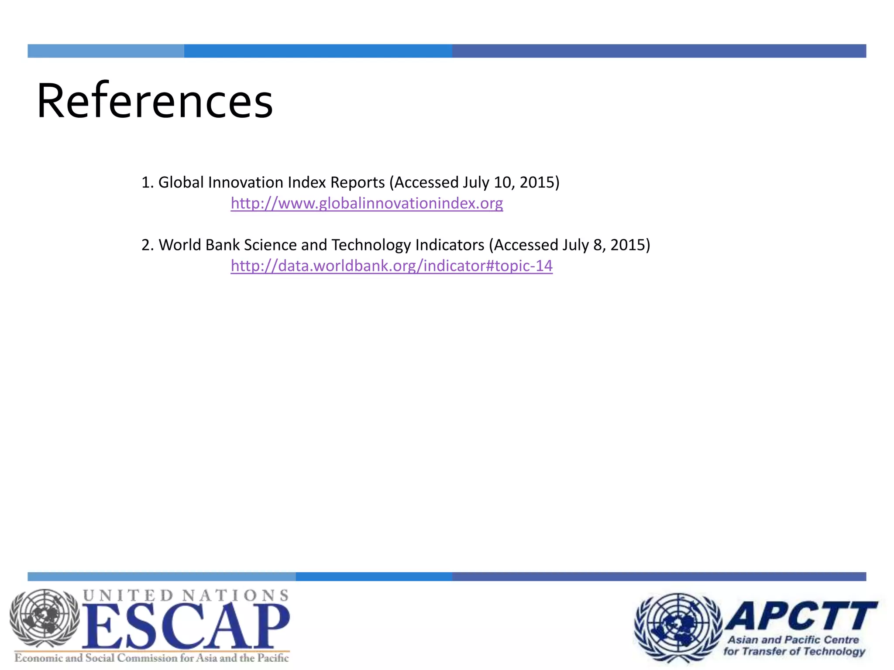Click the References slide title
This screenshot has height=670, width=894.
(155, 101)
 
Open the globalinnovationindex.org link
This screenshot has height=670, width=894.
(367, 203)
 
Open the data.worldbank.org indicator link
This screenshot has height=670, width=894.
(392, 266)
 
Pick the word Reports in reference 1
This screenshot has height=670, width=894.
(358, 182)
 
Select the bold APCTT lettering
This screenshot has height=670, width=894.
(801, 616)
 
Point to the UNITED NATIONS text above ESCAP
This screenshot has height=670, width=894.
(186, 595)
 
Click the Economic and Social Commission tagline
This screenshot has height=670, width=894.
(151, 658)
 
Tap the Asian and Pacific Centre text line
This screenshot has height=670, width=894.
(793, 640)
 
